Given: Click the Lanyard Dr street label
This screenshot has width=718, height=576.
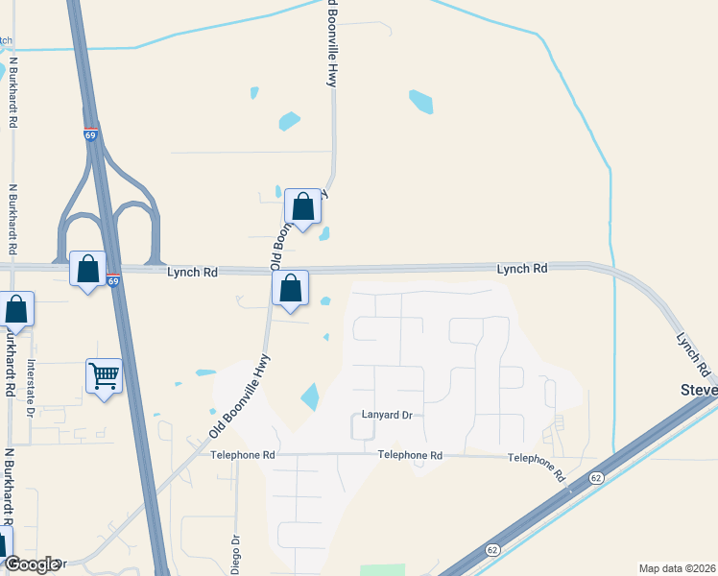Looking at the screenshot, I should pos(386,416).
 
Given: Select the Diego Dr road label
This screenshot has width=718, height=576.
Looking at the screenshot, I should pos(235,546).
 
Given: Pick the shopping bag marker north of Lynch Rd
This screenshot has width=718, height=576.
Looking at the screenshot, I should pos(302,207).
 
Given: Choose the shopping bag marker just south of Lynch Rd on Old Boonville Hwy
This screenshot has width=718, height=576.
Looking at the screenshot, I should pos(290,289).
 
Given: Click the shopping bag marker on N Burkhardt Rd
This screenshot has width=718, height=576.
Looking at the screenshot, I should pos(16,310).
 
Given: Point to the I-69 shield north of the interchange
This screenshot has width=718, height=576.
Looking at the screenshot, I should pos(90,135).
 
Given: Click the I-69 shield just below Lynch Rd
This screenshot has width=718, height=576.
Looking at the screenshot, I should pos(113,281).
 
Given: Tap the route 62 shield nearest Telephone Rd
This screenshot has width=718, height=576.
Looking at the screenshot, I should pos(596,476).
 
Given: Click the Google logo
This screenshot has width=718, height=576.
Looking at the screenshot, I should pos(31,564).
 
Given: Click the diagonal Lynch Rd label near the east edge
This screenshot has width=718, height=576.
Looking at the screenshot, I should pos(693,354).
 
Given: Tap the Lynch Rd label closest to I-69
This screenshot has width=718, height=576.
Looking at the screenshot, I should pos(192,273).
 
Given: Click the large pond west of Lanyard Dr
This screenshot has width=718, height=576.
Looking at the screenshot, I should pos(310,396).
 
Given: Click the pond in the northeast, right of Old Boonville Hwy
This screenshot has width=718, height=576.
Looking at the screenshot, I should pos(420,101).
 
